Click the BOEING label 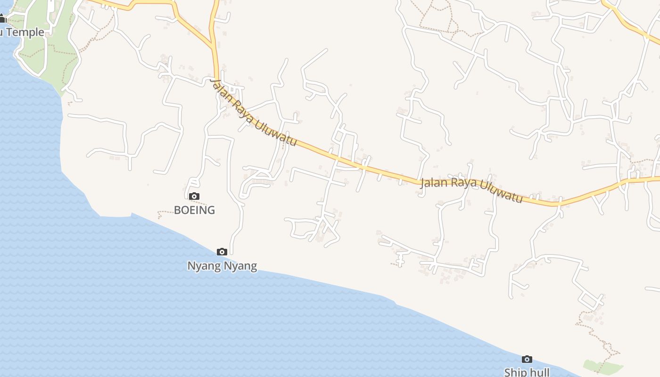(194, 210)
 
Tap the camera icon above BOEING (194, 196)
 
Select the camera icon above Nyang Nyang (222, 252)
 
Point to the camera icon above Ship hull (527, 359)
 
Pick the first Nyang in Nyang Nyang (204, 266)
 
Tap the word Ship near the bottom (514, 372)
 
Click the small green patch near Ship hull (602, 367)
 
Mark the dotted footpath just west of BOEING (166, 213)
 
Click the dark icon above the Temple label (2, 19)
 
